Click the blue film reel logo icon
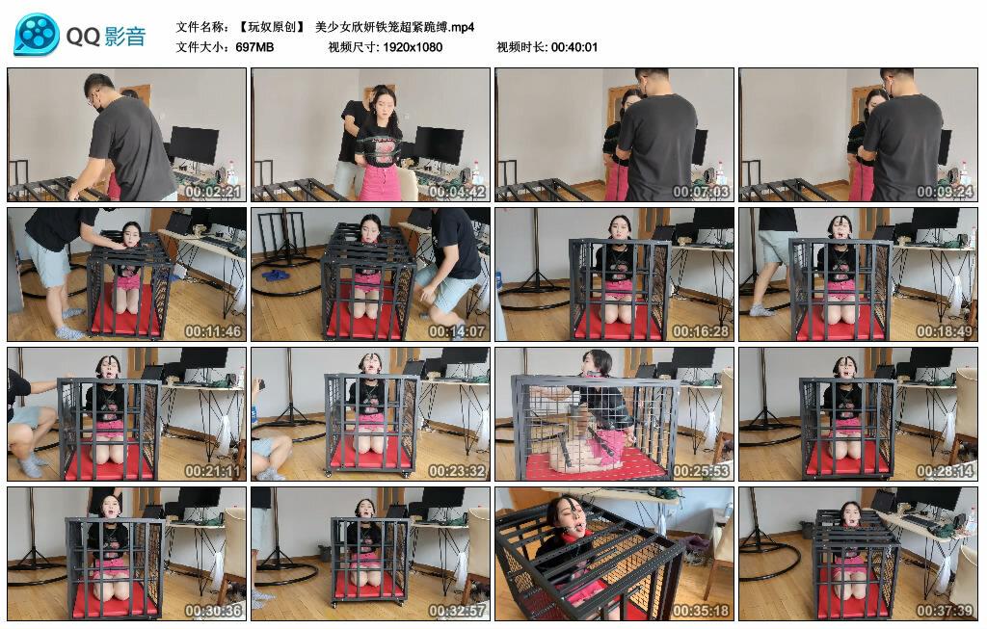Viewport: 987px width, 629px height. pos(38,34)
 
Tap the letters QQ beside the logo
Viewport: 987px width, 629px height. pos(83,37)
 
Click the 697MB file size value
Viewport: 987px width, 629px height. pos(254,47)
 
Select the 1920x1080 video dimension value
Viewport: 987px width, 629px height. pos(413,47)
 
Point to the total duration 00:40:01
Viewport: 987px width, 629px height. pos(574,47)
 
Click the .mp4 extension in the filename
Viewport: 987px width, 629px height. pos(462,27)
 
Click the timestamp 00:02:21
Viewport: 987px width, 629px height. pos(213,192)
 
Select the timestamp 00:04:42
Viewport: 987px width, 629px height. pos(457,192)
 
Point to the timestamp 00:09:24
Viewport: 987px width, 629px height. pos(945,192)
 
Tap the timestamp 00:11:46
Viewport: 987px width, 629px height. pos(213,331)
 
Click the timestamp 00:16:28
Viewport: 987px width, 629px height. pos(701,331)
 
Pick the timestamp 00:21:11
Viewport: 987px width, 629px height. pos(213,471)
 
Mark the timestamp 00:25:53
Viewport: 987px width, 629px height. pos(701,471)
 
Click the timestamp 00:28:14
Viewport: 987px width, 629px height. pos(945,471)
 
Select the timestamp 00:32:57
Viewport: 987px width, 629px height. pos(457,611)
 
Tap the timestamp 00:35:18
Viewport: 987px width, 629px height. pos(701,611)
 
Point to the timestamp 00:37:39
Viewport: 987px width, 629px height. pos(945,611)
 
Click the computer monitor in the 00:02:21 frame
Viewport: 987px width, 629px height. pos(194,145)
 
